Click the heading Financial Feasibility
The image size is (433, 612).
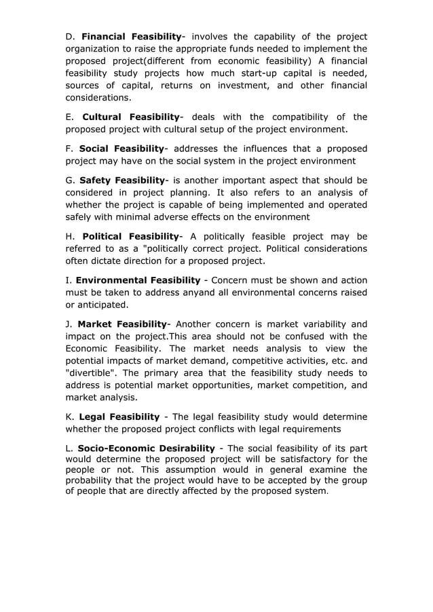(131, 36)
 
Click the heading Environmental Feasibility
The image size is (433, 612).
(138, 280)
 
